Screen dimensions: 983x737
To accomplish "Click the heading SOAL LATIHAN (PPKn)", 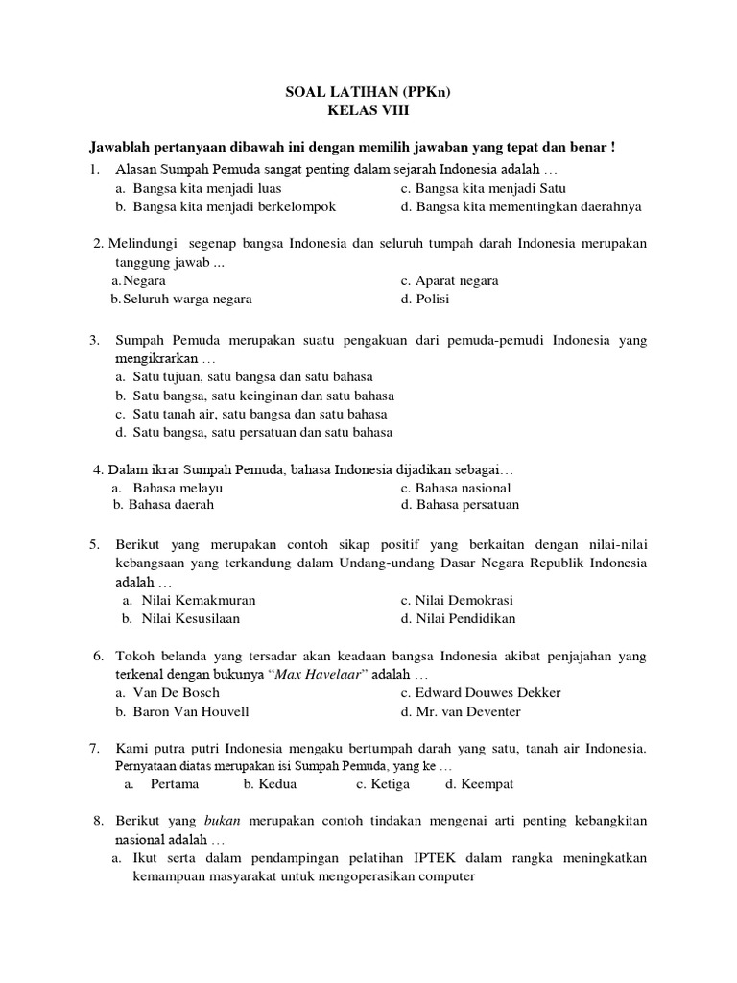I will click(x=368, y=92).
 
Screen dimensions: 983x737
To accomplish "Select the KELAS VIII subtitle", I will click(x=368, y=110).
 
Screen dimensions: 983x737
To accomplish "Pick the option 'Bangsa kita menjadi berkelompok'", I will click(x=234, y=206).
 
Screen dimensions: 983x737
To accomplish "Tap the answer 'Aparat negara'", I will click(x=456, y=281).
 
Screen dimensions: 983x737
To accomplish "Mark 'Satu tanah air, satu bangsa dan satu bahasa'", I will click(x=259, y=414).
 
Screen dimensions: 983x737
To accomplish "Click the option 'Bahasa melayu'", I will click(x=178, y=488).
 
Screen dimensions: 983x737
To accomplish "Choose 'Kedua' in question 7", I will click(x=275, y=783).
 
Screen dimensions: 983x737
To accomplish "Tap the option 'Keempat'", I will click(x=487, y=783).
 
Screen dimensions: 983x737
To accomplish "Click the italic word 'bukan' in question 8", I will click(x=221, y=821).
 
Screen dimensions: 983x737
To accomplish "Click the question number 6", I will click(x=98, y=656).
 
